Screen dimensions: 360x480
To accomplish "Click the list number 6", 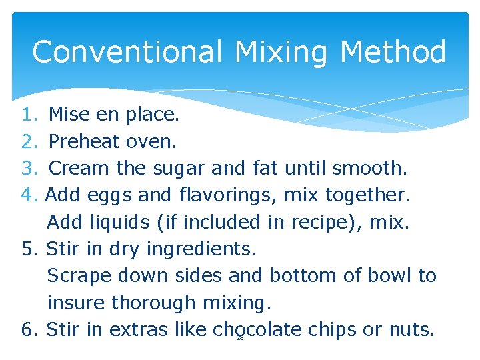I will tap(27, 329).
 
